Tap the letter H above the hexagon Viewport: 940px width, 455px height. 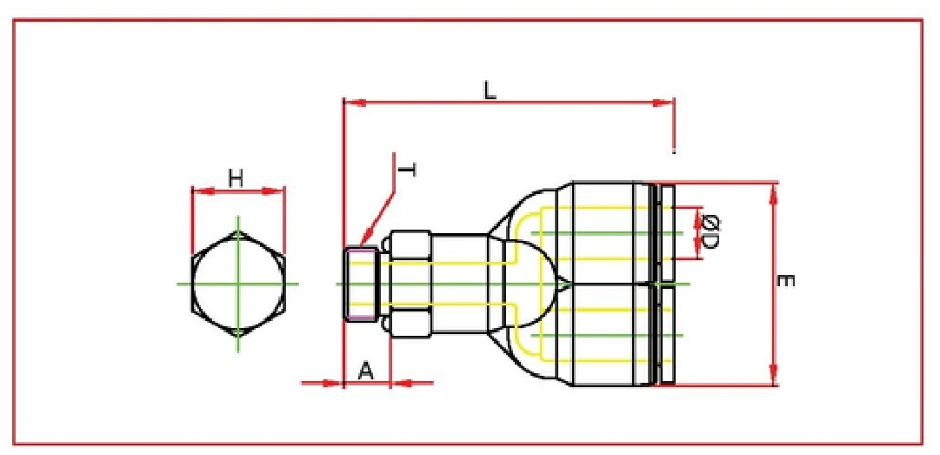point(236,178)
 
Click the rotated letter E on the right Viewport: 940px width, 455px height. point(785,281)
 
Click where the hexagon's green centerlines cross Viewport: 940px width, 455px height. point(237,284)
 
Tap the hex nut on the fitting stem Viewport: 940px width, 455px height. point(410,283)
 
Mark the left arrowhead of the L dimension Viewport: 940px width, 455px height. point(350,104)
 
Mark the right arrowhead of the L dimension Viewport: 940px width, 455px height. point(669,104)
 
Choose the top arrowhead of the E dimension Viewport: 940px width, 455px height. point(772,189)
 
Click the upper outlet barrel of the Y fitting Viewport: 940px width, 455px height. point(609,232)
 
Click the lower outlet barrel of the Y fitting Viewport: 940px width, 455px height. point(609,335)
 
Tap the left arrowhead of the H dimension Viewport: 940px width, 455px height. point(196,191)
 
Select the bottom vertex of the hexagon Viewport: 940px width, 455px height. point(237,336)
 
